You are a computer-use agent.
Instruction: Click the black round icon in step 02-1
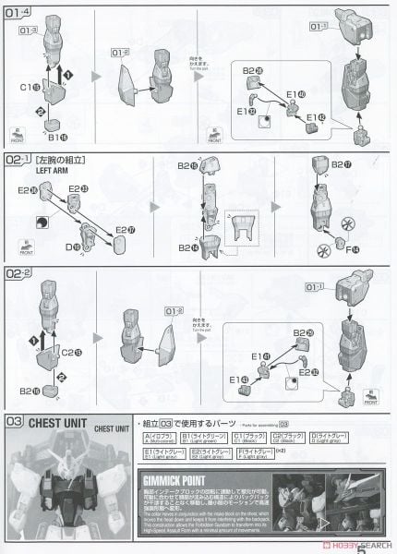click(44, 219)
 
